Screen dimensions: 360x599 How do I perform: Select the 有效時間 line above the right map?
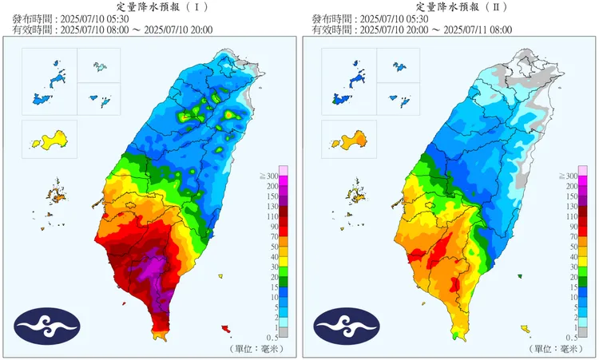(x=411, y=30)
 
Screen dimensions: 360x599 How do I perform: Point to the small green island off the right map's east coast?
(x=519, y=276)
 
